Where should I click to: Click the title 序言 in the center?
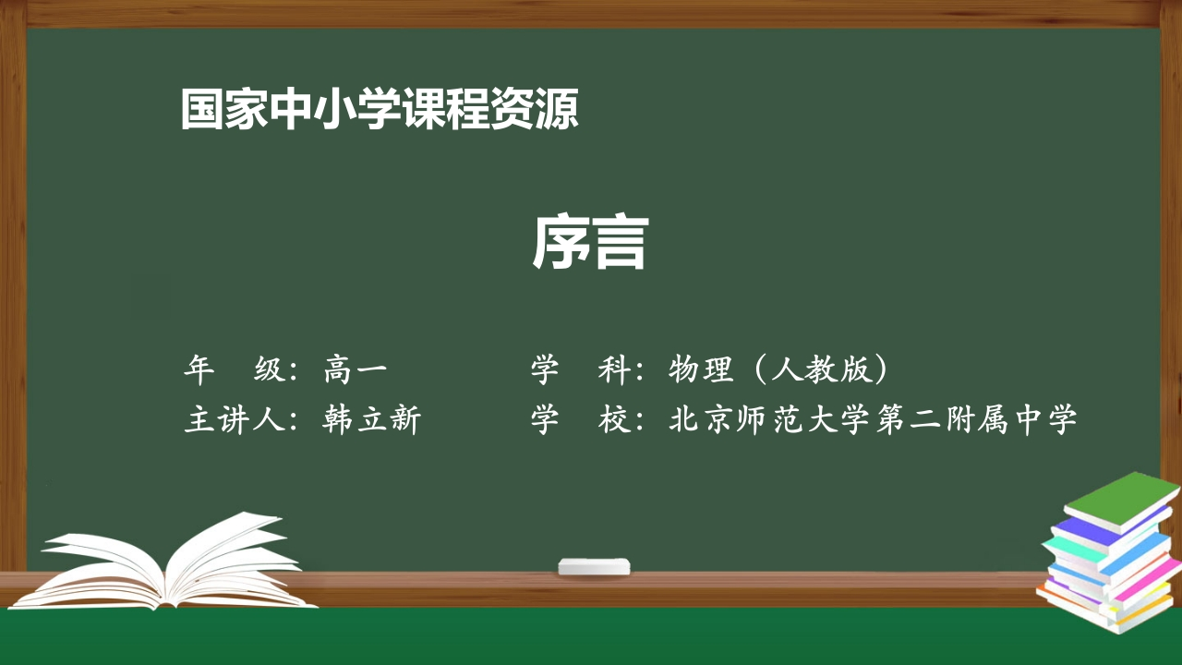(x=590, y=244)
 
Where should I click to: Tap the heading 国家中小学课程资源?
(x=380, y=110)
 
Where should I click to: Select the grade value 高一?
(x=356, y=370)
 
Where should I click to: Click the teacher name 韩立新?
(x=372, y=420)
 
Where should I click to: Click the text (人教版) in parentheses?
(x=821, y=370)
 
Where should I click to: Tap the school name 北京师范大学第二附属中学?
(x=872, y=420)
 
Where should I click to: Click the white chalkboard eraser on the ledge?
(x=594, y=566)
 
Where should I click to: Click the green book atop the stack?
(x=1121, y=498)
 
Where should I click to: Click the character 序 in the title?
(x=561, y=244)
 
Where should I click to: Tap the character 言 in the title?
(x=620, y=244)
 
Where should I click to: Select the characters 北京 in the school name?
(x=701, y=420)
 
